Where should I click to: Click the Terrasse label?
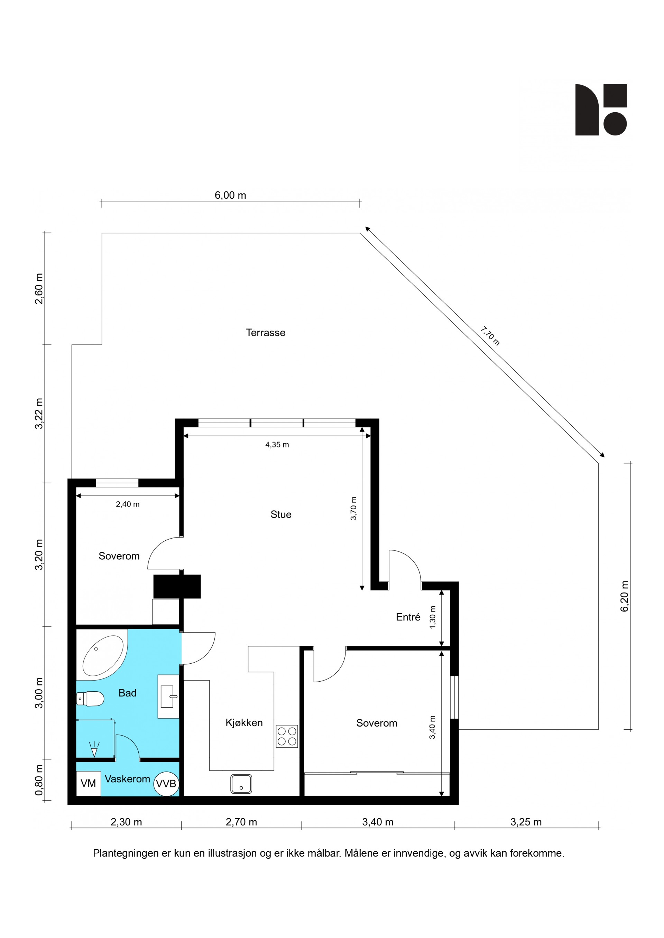(265, 333)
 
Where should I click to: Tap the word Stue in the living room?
(281, 514)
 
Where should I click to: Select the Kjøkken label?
(244, 723)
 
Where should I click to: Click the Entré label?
(408, 617)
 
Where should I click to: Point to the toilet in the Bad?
(90, 699)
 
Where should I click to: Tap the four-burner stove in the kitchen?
(287, 736)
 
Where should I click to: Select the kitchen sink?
(241, 784)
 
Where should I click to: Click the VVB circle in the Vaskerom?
(166, 784)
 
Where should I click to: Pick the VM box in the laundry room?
(88, 784)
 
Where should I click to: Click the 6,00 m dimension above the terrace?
(230, 195)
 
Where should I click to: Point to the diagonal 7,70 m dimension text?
(490, 336)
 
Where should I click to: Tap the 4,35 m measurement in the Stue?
(277, 445)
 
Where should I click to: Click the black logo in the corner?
(601, 110)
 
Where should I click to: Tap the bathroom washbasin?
(168, 697)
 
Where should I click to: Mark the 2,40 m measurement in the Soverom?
(128, 504)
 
